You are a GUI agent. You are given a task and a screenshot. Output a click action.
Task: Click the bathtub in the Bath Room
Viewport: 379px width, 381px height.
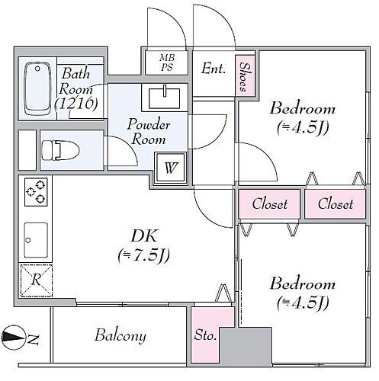[x=37, y=89]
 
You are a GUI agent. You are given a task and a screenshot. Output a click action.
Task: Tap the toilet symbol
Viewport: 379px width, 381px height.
[x=60, y=150]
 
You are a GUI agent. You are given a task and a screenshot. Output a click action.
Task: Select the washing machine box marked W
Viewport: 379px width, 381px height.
[x=171, y=168]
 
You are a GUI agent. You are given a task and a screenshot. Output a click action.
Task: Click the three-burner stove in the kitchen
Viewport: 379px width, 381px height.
[x=36, y=192]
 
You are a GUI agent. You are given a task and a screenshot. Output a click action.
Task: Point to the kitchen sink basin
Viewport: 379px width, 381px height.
[x=36, y=240]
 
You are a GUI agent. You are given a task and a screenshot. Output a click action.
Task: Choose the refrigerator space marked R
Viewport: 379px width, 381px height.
[x=36, y=280]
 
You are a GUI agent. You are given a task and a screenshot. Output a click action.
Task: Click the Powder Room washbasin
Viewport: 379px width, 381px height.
[x=165, y=98]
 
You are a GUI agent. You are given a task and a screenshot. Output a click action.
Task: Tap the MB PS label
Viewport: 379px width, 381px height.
[x=167, y=62]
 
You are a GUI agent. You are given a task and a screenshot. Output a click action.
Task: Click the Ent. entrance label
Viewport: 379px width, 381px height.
[x=214, y=69]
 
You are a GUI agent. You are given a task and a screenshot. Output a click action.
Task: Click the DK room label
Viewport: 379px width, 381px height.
[x=144, y=235]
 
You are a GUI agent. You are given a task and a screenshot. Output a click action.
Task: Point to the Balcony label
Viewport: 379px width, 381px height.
[x=120, y=336]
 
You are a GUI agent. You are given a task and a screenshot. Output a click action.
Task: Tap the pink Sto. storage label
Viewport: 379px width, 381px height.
[x=205, y=335]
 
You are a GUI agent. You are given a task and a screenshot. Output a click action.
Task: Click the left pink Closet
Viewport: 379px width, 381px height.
[x=269, y=204]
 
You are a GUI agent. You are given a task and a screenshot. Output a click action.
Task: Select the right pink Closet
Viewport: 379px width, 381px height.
[x=336, y=204]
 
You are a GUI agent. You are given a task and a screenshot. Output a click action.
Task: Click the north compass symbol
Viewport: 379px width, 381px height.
[x=14, y=338]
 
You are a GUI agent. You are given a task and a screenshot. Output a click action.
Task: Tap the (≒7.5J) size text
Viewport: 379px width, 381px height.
[x=144, y=256]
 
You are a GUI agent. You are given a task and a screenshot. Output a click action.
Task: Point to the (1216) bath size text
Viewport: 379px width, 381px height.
[x=76, y=104]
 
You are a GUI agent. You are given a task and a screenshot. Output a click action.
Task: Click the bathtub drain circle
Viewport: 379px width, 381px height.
[x=37, y=69]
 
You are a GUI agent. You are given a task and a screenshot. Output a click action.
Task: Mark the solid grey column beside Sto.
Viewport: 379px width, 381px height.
[x=246, y=347]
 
